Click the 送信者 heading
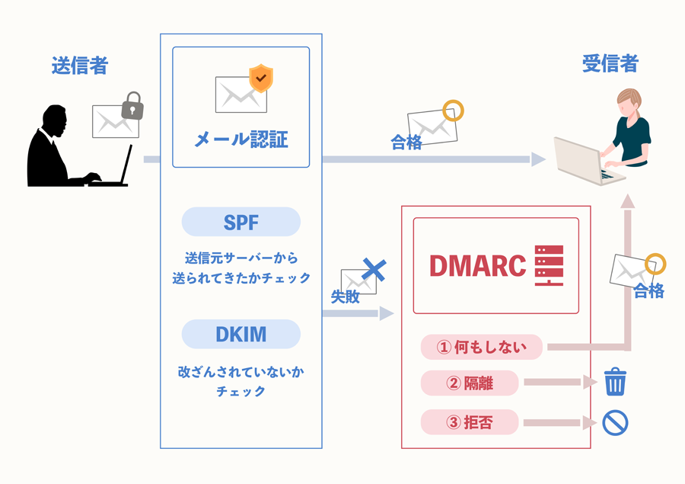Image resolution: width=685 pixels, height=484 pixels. tap(79, 65)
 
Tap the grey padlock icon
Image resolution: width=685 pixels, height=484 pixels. tap(133, 106)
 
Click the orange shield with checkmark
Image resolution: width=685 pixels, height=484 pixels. tap(261, 78)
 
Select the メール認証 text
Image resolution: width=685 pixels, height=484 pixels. tap(241, 139)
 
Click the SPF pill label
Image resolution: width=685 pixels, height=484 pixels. tap(241, 222)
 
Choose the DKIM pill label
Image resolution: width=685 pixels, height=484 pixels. tap(241, 334)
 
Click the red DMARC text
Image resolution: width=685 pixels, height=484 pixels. tap(477, 265)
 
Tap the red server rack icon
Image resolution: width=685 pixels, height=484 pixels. tap(549, 265)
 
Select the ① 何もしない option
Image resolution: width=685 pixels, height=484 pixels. tap(481, 347)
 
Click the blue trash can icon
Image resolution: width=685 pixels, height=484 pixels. tap(614, 382)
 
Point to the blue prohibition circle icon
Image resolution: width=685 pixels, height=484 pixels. tap(614, 422)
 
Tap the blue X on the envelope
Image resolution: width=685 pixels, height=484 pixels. tap(373, 269)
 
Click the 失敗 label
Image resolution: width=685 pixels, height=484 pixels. tap(345, 297)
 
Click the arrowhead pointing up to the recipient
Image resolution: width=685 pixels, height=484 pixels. tap(627, 201)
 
